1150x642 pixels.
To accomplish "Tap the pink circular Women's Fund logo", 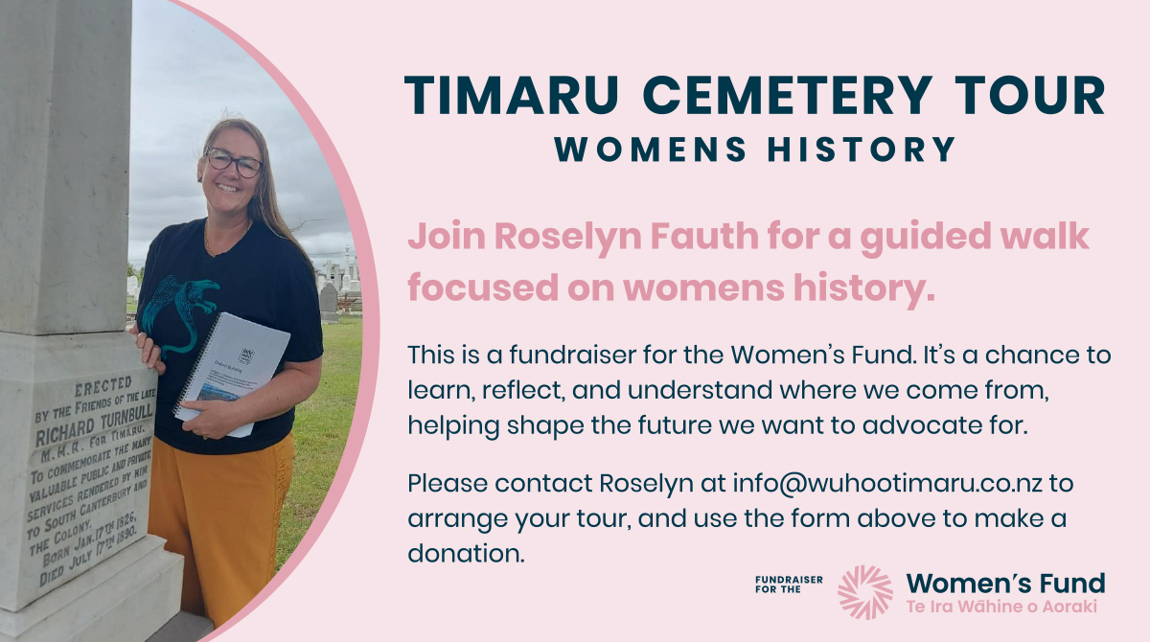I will (864, 591).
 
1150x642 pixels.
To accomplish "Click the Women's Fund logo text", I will (1005, 583).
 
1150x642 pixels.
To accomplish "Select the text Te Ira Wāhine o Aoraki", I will (1000, 608).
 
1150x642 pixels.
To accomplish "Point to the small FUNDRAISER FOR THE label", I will (789, 584).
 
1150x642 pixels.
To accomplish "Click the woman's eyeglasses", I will (233, 161).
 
